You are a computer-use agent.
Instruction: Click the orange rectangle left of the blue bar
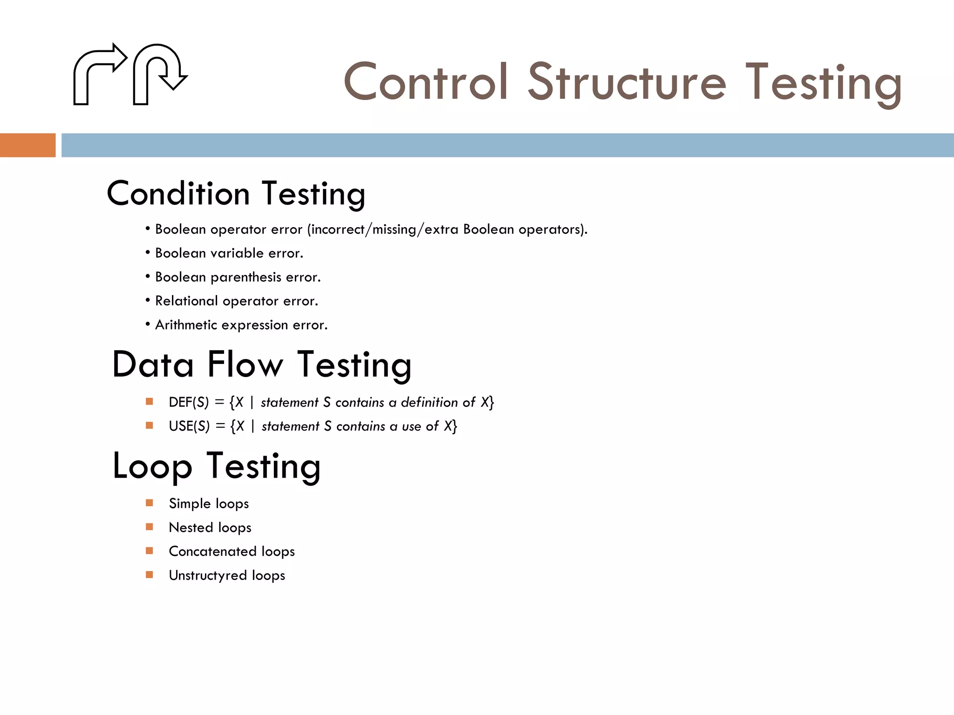point(27,145)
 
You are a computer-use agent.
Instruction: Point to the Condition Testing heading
point(236,194)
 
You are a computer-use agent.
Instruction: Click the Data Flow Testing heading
point(262,364)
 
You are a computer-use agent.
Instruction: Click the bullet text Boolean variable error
point(229,253)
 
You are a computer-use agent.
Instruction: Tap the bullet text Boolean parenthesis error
point(238,277)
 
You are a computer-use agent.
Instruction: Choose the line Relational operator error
point(236,301)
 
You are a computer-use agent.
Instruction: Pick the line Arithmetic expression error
point(241,325)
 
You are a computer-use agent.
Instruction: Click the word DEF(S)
point(189,402)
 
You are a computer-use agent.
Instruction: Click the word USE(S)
point(189,426)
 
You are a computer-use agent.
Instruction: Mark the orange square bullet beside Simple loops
point(150,503)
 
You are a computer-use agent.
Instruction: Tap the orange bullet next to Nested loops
point(150,526)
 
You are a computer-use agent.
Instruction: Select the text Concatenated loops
point(232,551)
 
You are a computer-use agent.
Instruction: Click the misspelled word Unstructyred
point(208,575)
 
